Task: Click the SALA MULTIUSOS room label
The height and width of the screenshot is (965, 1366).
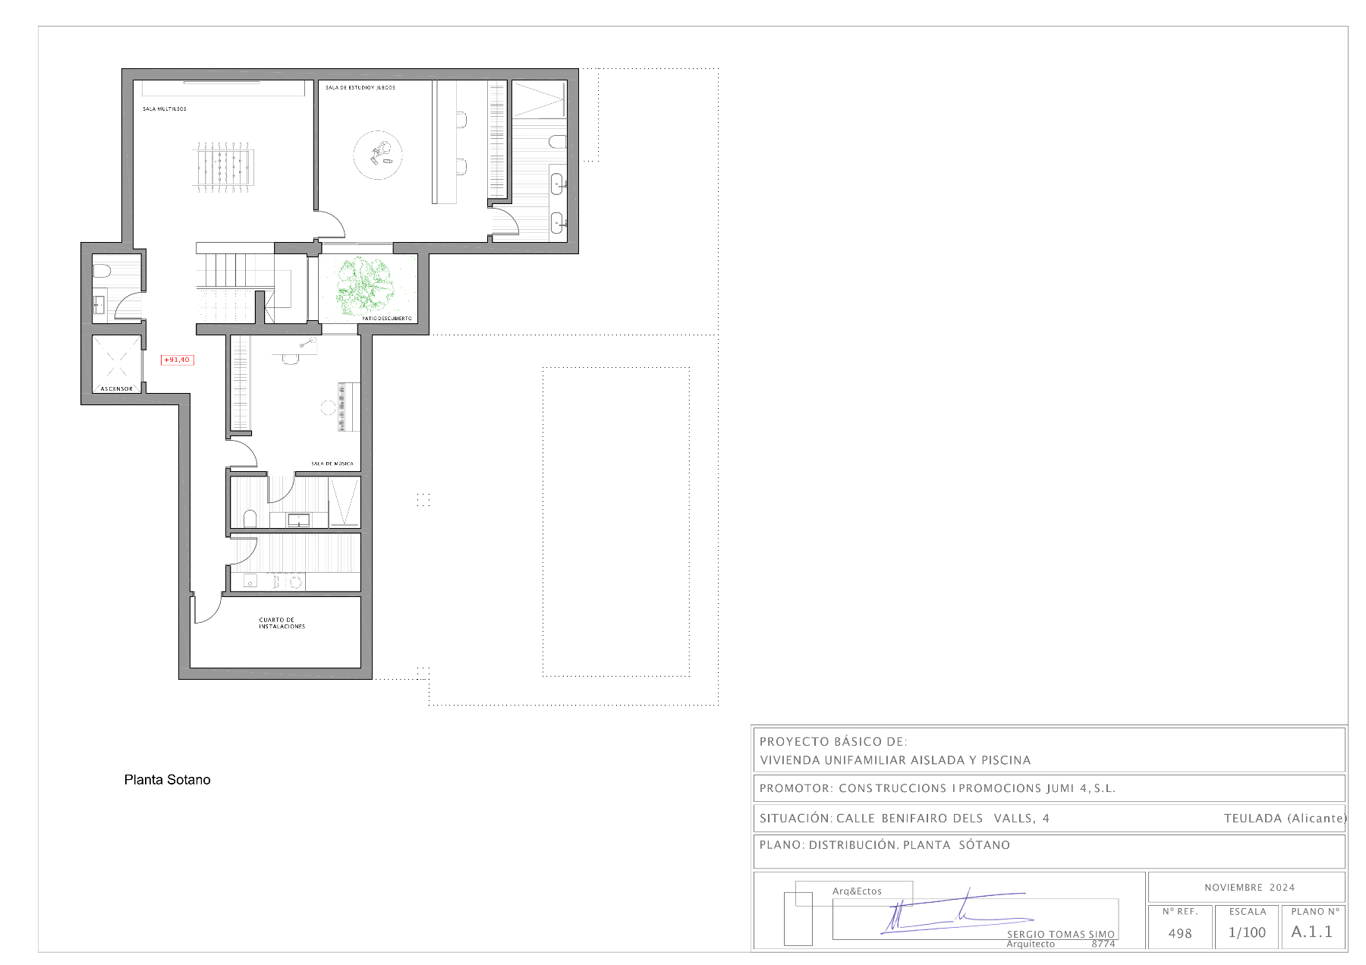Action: point(164,109)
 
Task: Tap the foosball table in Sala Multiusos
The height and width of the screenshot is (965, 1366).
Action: point(224,166)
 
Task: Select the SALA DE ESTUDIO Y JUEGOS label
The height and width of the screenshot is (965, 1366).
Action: point(360,88)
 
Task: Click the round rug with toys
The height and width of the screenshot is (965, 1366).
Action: point(378,155)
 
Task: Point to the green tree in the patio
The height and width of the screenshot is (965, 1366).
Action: point(366,284)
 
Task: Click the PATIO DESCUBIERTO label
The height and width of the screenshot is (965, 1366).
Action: point(386,319)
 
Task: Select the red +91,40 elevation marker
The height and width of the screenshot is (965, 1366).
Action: point(177,360)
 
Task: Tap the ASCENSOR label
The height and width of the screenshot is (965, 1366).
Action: point(117,389)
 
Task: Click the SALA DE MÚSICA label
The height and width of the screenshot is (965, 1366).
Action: point(332,464)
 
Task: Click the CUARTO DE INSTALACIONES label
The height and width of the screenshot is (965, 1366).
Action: point(282,623)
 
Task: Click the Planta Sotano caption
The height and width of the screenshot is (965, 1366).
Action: point(167,780)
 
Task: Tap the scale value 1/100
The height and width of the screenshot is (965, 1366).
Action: point(1247,932)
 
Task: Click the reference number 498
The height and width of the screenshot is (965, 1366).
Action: point(1180,934)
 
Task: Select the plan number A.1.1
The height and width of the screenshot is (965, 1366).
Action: point(1311,932)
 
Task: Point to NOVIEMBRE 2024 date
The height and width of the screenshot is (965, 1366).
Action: point(1249,888)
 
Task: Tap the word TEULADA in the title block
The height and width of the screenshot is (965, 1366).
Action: point(1252,818)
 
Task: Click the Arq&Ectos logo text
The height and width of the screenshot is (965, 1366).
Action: point(857,891)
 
